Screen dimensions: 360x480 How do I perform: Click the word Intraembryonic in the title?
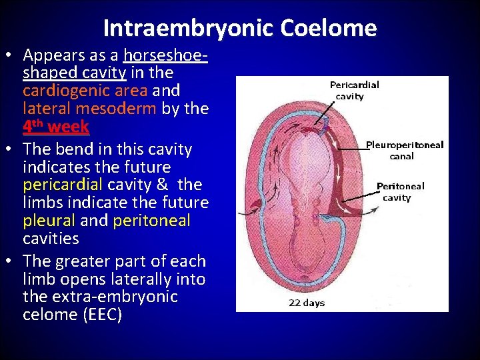tap(189, 28)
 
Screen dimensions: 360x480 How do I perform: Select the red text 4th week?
tap(56, 126)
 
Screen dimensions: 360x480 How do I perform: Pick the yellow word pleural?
tap(50, 221)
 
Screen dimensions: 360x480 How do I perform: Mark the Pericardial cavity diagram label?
tap(354, 91)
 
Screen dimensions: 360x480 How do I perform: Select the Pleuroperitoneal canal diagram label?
tap(404, 150)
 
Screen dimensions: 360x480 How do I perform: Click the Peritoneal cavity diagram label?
tap(400, 192)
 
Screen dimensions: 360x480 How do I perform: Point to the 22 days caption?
tap(307, 303)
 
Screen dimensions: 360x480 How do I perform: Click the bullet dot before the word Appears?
tap(11, 55)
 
